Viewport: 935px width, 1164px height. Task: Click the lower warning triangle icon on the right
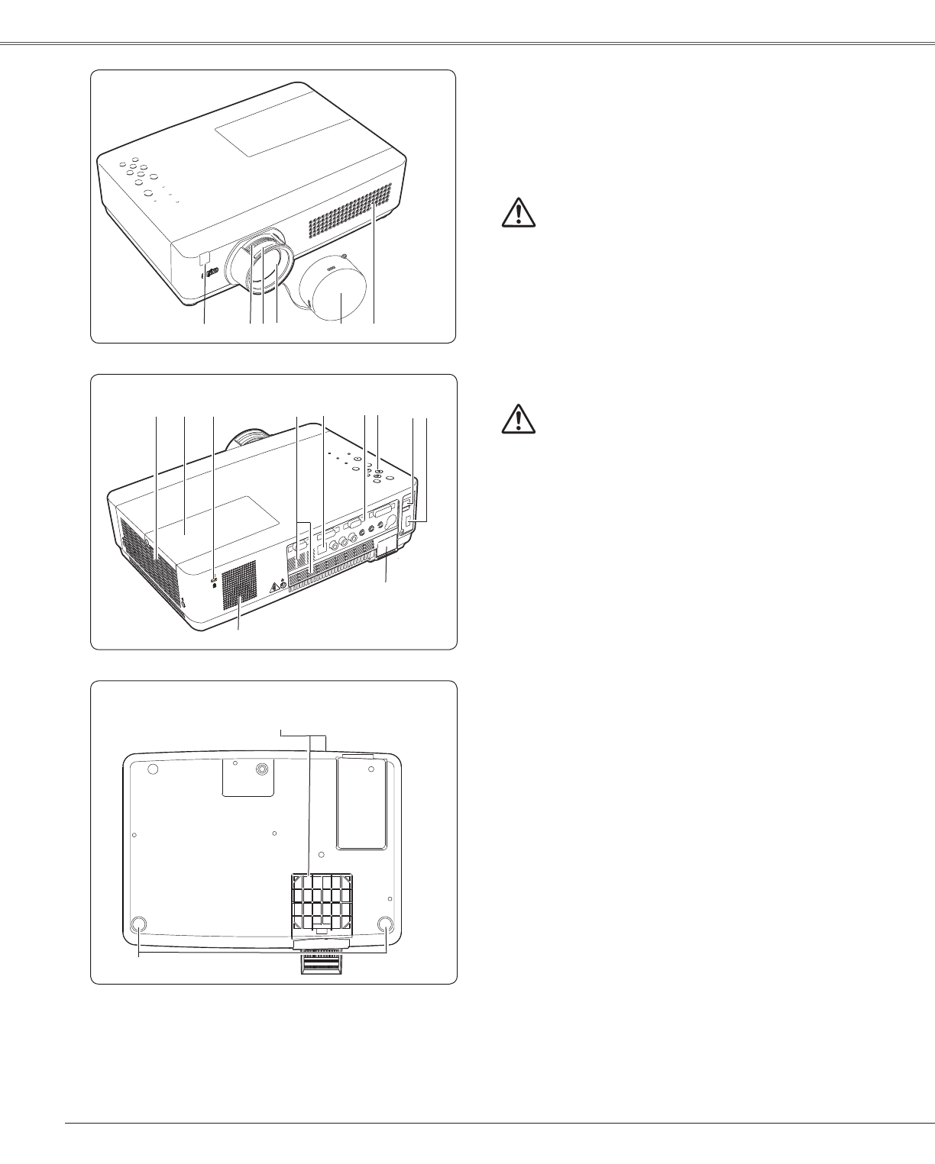519,419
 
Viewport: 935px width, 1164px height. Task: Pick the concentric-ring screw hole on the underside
262,771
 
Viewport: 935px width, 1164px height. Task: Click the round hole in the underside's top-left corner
151,769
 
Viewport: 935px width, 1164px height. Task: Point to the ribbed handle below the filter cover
321,966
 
